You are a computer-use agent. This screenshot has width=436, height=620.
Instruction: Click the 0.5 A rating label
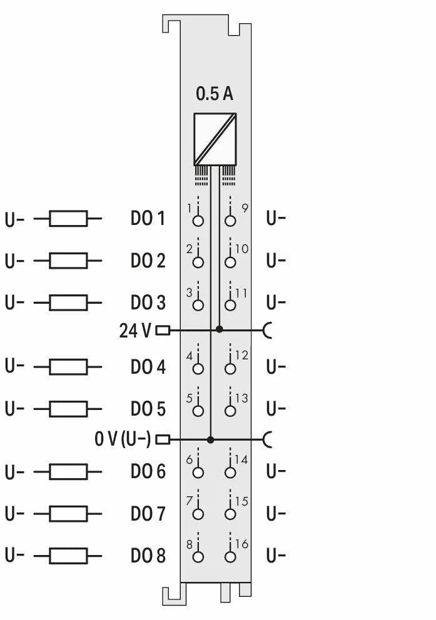pos(215,94)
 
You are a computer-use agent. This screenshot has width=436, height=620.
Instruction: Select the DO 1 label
pos(148,219)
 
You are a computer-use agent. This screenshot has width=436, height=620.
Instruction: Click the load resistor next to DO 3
pos(68,303)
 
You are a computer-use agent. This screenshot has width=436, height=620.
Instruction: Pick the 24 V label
pos(135,331)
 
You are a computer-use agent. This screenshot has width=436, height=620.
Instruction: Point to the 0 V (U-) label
pos(123,439)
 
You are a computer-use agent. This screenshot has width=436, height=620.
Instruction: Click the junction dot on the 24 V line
pos(219,329)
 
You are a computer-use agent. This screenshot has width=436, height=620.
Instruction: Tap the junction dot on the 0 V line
pos(210,440)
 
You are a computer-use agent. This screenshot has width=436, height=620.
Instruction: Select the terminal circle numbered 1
pos(198,221)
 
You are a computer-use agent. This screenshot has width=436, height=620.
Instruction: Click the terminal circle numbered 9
pos(231,221)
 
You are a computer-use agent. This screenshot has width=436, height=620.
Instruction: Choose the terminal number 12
pos(241,355)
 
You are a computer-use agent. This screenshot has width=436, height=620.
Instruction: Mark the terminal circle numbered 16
pos(231,557)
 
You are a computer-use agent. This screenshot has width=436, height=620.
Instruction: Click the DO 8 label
pos(148,556)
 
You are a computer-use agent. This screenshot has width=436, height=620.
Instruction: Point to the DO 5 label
pos(148,409)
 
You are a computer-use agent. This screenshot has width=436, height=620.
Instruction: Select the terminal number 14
pos(241,459)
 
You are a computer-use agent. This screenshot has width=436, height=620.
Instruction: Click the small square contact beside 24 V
pos(163,330)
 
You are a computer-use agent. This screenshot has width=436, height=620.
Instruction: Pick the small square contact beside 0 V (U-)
pos(163,439)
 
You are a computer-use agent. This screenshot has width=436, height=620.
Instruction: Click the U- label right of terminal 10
pos(276,261)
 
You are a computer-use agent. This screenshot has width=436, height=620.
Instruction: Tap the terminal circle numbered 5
pos(198,411)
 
